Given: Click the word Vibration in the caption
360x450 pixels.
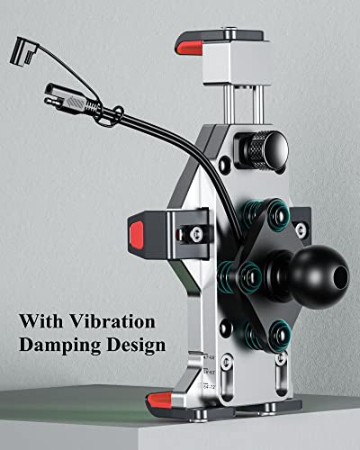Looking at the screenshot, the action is pos(112,321).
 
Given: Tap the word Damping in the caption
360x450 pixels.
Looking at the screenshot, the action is pos(60,346).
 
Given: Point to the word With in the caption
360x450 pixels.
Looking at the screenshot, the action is pos(41,321).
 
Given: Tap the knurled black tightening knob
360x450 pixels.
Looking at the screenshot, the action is pos(264,150).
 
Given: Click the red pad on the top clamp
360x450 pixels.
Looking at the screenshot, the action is pos(189,48).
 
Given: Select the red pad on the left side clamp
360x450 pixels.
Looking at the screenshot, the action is pos(137,235).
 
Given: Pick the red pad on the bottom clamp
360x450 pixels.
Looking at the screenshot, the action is pos(159,400).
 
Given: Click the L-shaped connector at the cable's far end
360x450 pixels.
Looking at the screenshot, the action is pos(24,52).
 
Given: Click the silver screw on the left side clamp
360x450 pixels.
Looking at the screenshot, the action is pos(196,232).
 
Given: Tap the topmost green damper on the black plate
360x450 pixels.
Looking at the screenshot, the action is pos(278,214).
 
